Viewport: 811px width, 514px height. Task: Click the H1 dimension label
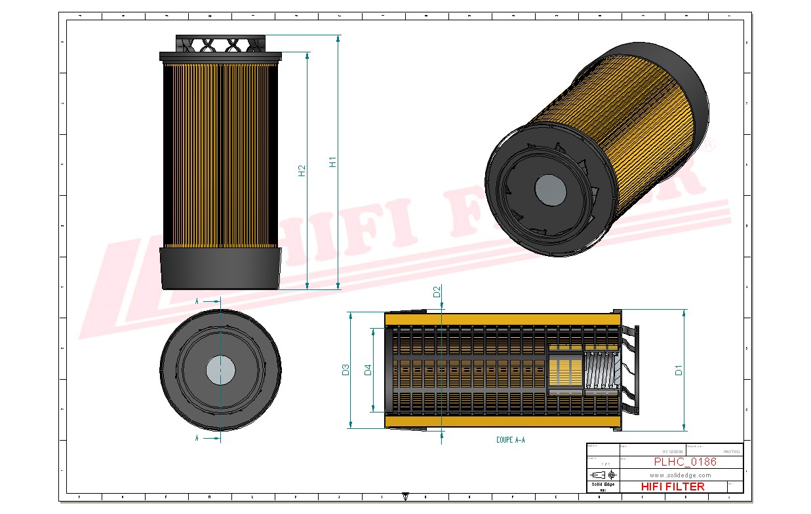(333, 162)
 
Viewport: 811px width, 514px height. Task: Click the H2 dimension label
(302, 170)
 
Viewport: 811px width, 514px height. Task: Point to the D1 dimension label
(679, 370)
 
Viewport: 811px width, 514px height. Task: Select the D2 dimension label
(437, 292)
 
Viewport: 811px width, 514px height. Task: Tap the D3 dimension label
(346, 370)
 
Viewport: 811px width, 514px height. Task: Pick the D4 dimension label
(368, 370)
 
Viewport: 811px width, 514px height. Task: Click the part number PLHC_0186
(684, 462)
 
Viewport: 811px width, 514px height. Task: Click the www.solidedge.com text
(681, 475)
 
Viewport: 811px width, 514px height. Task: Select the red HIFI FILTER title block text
(673, 486)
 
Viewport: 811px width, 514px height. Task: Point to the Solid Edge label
(603, 484)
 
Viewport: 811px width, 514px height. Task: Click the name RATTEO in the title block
(731, 452)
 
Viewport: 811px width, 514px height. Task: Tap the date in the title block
(671, 452)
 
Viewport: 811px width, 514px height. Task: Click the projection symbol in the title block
(603, 474)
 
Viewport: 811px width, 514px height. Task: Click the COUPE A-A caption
(510, 440)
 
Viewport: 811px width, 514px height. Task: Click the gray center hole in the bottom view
(220, 371)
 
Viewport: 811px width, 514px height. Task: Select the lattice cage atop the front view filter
(220, 45)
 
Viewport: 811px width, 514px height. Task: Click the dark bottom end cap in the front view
(220, 268)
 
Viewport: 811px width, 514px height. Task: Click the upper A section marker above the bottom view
(197, 301)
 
